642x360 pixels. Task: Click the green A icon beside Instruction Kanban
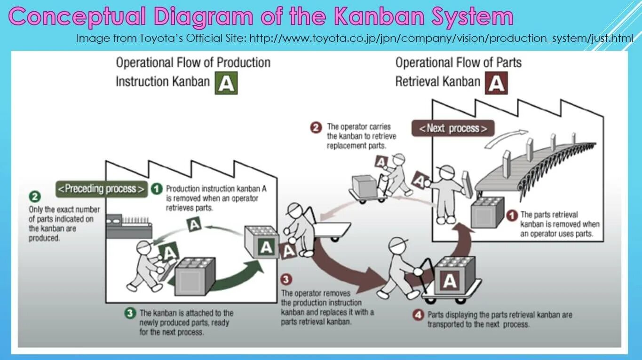(x=226, y=83)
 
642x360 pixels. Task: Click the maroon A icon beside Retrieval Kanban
(x=497, y=83)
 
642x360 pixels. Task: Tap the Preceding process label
(x=101, y=189)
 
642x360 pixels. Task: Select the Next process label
(x=453, y=128)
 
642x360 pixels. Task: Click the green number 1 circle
(x=157, y=189)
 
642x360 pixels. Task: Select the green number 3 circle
(x=130, y=313)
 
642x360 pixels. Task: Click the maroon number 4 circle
(x=418, y=315)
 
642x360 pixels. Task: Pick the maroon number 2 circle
(x=316, y=127)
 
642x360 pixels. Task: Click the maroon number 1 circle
(x=512, y=215)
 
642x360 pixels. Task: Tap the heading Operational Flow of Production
(x=193, y=63)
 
